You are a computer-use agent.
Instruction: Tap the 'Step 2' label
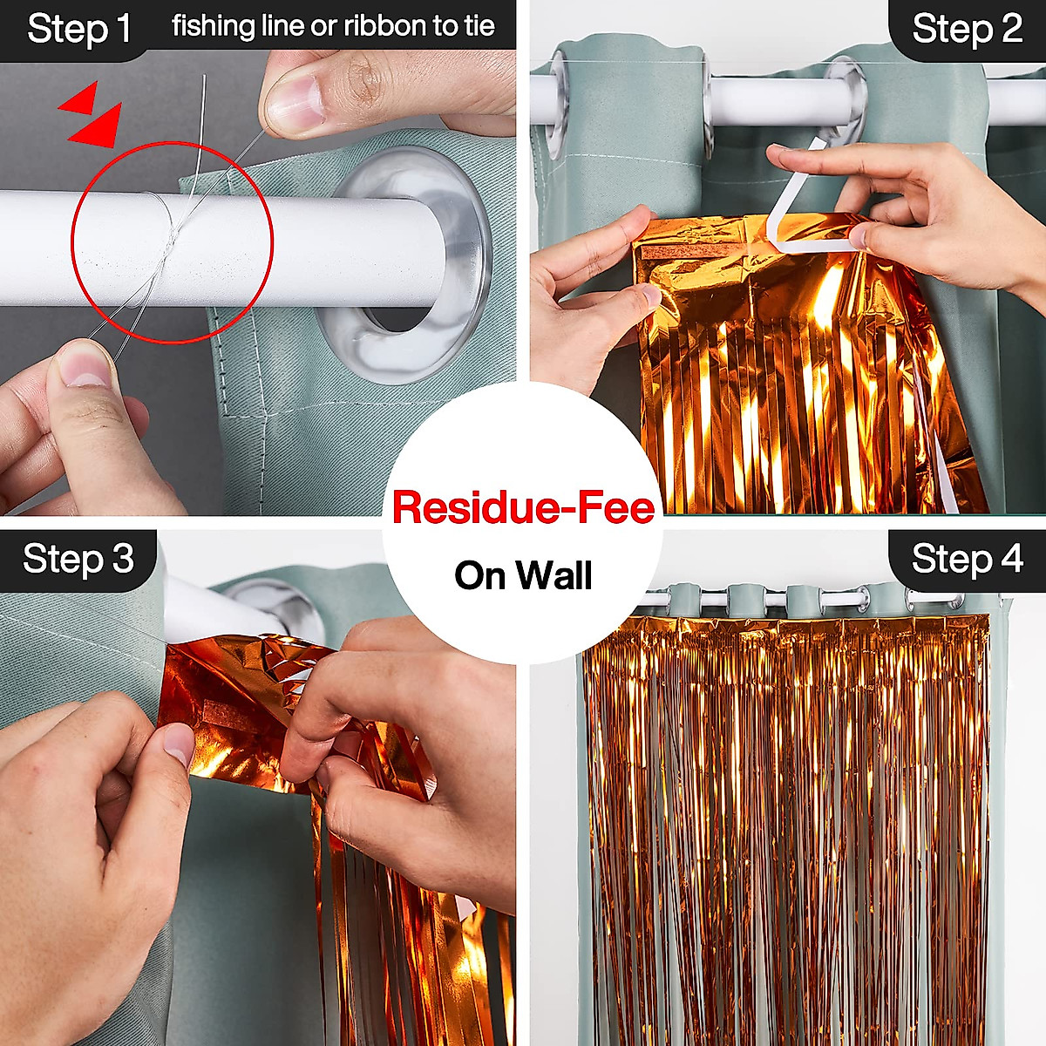[x=967, y=29]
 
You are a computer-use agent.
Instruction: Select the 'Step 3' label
[x=78, y=559]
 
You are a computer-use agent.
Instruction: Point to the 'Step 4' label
[x=967, y=559]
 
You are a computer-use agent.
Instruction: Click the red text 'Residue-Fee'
[x=523, y=507]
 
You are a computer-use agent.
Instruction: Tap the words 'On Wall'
[x=523, y=575]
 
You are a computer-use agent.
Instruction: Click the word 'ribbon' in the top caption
[x=383, y=26]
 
